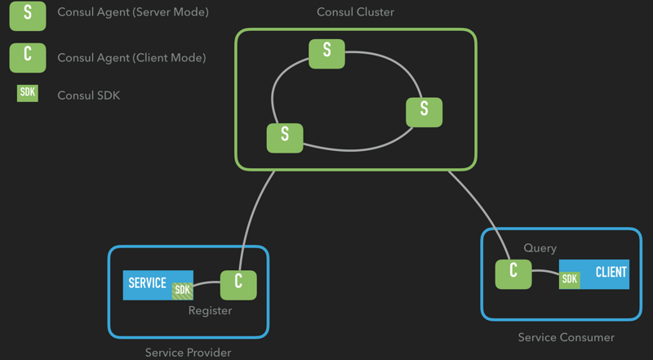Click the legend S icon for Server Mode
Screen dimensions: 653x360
tap(28, 16)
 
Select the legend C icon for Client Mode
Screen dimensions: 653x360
tap(28, 57)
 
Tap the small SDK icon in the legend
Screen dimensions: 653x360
tap(28, 93)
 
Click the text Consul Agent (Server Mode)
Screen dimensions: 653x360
tap(133, 12)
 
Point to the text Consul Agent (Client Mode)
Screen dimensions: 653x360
tap(131, 57)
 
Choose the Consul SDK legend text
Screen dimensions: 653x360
tap(88, 96)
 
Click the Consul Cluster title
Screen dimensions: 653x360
tap(355, 11)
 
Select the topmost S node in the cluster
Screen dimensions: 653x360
tap(326, 54)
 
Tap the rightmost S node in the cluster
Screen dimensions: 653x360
tap(424, 112)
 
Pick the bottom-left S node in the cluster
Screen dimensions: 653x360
tap(285, 138)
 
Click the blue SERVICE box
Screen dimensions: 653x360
tap(158, 285)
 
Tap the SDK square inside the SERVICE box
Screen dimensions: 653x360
tap(182, 290)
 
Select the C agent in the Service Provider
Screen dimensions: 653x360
tap(238, 285)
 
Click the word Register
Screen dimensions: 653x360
tap(210, 311)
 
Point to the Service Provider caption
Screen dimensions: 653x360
tap(188, 353)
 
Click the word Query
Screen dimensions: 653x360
tap(540, 248)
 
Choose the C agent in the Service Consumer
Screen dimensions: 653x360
tap(513, 274)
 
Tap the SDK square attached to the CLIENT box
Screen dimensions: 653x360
tap(569, 280)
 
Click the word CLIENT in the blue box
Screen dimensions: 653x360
tap(611, 272)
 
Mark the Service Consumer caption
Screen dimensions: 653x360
tap(566, 337)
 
